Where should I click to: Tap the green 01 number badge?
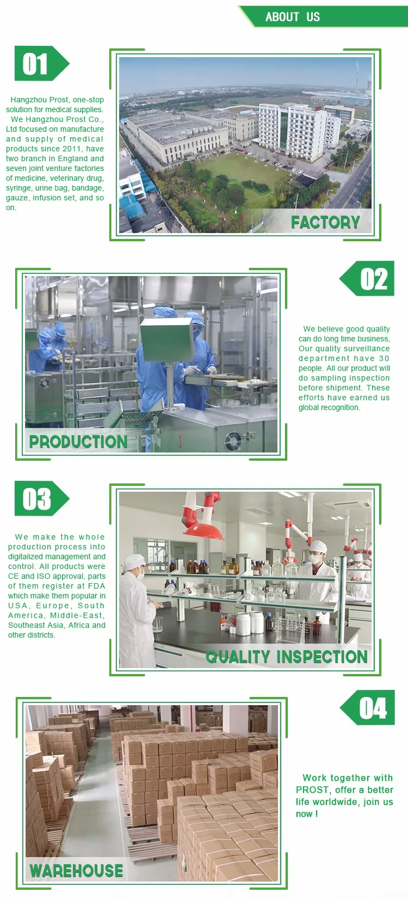coord(38,64)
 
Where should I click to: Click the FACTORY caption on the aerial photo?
coord(325,222)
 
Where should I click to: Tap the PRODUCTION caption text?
coord(78,442)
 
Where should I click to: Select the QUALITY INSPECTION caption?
coord(287,657)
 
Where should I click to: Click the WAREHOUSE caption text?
coord(76,871)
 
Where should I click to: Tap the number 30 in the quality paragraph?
coord(384,358)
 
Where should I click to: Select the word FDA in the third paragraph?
coord(96,586)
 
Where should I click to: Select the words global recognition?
coord(329,407)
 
